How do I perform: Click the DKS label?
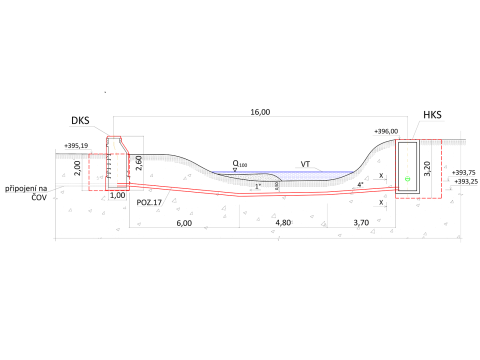pyautogui.click(x=80, y=120)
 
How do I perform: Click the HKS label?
pyautogui.click(x=432, y=115)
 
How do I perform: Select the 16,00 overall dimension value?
pyautogui.click(x=260, y=112)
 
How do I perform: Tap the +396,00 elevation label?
pyautogui.click(x=386, y=131)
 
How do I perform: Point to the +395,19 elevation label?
pyautogui.click(x=76, y=145)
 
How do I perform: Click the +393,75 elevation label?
pyautogui.click(x=464, y=172)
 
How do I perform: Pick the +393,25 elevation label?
pyautogui.click(x=466, y=181)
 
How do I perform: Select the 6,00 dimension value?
pyautogui.click(x=184, y=223)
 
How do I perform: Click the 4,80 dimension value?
pyautogui.click(x=283, y=222)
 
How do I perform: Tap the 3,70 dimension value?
pyautogui.click(x=361, y=222)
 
